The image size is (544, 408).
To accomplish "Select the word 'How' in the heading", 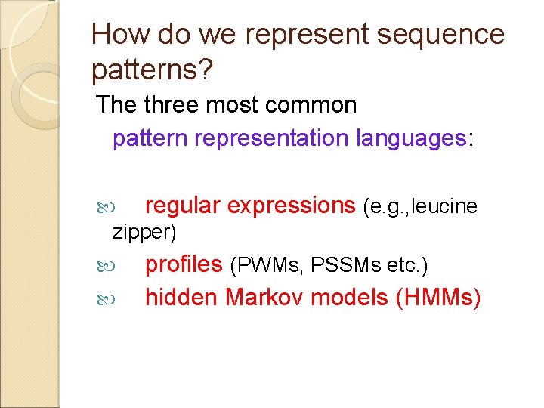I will [x=117, y=35].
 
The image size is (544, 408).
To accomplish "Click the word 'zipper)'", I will [x=144, y=232].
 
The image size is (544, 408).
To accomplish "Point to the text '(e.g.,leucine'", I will [x=420, y=206].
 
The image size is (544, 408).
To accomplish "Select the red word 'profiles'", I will [x=184, y=264].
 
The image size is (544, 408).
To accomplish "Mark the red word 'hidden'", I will [x=181, y=298].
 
